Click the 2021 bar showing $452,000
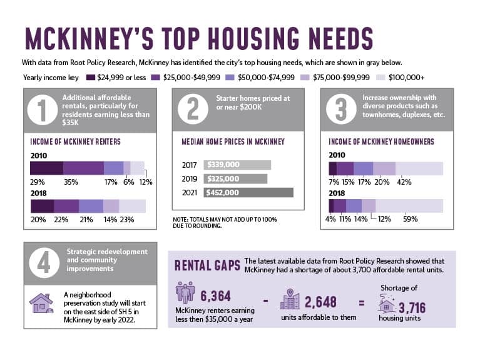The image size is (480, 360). coord(248,192)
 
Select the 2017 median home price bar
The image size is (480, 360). coord(237,165)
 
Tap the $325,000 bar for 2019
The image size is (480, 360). coord(235,178)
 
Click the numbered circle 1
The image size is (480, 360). coord(43,110)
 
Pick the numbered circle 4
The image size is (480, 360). coord(44,263)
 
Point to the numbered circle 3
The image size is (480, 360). coord(341,109)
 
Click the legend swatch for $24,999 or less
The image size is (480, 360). coord(91,78)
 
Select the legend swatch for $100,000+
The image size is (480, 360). coord(380,78)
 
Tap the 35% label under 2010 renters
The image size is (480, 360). coord(71,182)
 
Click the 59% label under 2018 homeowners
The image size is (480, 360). coord(410,219)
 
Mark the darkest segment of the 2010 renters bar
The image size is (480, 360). coord(47,168)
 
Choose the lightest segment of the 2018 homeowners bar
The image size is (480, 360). coord(409,206)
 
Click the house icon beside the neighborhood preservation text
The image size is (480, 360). coord(42,303)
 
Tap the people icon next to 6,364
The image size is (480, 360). coord(185,292)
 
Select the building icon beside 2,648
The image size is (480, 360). coord(290,299)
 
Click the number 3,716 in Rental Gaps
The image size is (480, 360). coord(412,308)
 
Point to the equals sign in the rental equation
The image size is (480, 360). coord(362,303)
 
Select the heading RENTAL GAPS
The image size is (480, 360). coord(207,265)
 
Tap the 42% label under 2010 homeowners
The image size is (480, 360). coord(404,182)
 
